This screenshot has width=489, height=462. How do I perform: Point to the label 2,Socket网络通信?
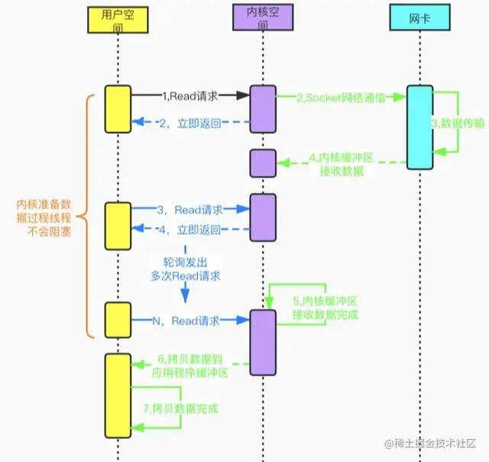(x=340, y=97)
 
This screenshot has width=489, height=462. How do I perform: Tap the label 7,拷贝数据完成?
(x=186, y=409)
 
